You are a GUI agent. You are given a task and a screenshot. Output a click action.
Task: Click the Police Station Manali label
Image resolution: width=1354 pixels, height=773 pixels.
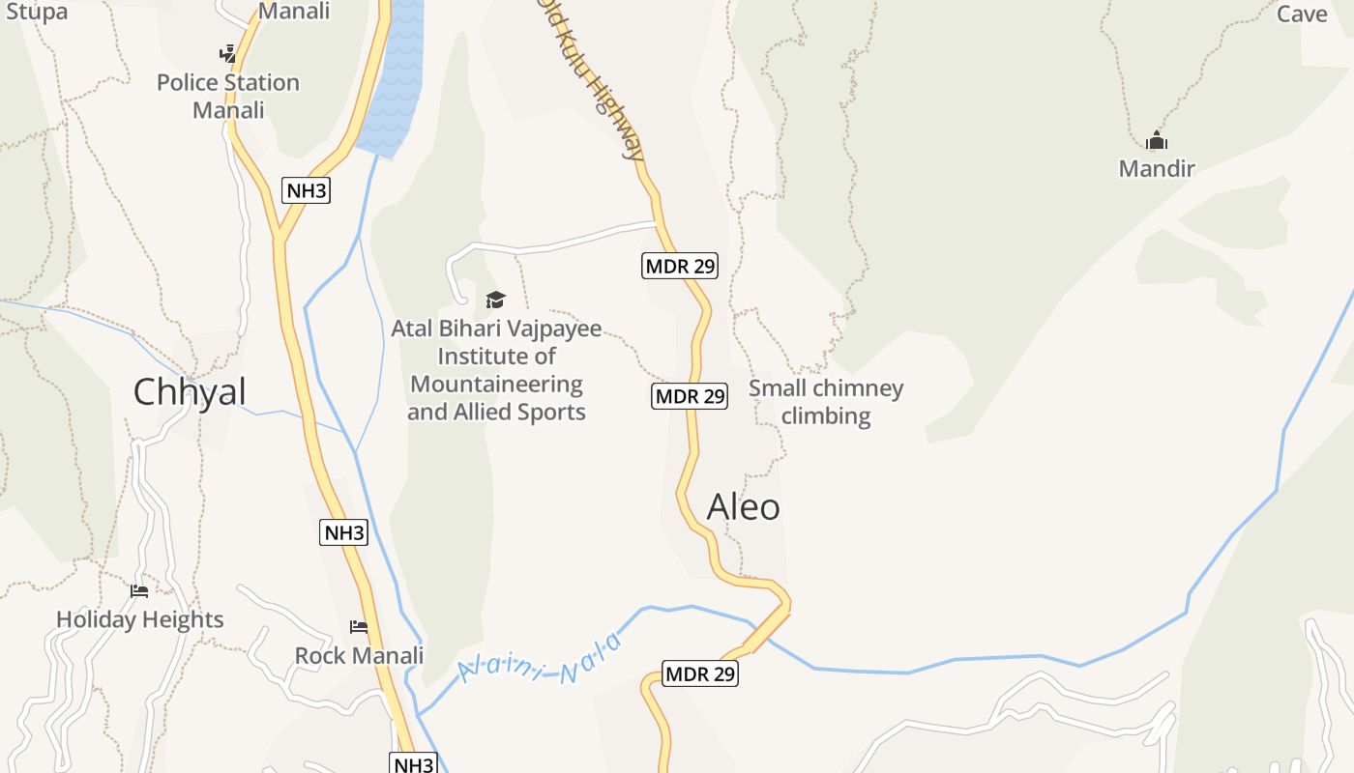pyautogui.click(x=228, y=96)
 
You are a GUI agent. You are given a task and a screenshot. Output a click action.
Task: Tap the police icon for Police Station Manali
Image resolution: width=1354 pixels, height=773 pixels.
pyautogui.click(x=227, y=53)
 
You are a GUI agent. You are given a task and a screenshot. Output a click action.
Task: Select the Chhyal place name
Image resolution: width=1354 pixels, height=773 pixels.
pyautogui.click(x=190, y=392)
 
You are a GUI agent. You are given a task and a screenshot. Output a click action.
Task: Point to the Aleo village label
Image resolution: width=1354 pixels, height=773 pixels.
pyautogui.click(x=743, y=507)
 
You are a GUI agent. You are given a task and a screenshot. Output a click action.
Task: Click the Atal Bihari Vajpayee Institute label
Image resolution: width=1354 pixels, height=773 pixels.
pyautogui.click(x=496, y=370)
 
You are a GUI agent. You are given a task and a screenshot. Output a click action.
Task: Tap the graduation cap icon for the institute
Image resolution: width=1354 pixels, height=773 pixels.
pyautogui.click(x=496, y=300)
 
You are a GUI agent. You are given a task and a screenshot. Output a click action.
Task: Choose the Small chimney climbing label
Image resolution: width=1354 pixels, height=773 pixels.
pyautogui.click(x=826, y=402)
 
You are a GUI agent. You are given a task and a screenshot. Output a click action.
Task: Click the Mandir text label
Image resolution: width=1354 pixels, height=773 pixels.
pyautogui.click(x=1157, y=169)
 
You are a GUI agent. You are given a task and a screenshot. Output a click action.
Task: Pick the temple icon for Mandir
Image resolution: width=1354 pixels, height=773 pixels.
pyautogui.click(x=1157, y=141)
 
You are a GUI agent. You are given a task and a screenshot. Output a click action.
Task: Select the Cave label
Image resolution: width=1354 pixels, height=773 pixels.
pyautogui.click(x=1302, y=14)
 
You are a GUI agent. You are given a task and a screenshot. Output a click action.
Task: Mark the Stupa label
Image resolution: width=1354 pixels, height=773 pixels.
pyautogui.click(x=37, y=12)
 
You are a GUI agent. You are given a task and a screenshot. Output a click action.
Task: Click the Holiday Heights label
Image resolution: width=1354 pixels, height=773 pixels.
pyautogui.click(x=140, y=619)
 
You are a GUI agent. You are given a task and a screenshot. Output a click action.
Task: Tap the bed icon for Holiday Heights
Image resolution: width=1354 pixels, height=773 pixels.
pyautogui.click(x=139, y=590)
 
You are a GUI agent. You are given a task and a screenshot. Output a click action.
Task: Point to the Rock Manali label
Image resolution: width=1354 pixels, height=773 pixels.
pyautogui.click(x=359, y=655)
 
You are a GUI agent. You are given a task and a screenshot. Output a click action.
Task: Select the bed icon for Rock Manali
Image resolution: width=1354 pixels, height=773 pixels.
pyautogui.click(x=359, y=626)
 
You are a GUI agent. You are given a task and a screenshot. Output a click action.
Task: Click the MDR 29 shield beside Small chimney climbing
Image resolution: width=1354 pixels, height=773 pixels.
pyautogui.click(x=690, y=396)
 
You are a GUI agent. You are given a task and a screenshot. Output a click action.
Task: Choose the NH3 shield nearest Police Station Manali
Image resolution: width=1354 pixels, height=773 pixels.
pyautogui.click(x=307, y=190)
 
